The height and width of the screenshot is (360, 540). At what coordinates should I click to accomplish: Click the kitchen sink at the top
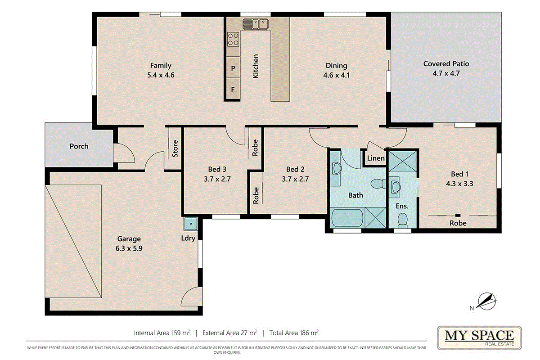(x=255, y=24)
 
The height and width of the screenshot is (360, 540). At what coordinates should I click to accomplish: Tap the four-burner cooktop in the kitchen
(x=233, y=39)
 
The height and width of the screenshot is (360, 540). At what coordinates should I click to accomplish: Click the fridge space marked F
(x=233, y=89)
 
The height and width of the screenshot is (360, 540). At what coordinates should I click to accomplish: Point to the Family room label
(x=161, y=65)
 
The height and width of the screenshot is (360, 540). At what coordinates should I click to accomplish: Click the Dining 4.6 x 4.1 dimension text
(x=336, y=75)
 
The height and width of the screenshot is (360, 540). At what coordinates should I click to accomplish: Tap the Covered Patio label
(x=446, y=63)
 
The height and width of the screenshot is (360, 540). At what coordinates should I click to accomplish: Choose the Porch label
(x=79, y=146)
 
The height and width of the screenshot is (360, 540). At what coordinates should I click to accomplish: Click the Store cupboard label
(x=175, y=149)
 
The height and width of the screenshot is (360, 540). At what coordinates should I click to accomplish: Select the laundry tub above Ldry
(x=191, y=224)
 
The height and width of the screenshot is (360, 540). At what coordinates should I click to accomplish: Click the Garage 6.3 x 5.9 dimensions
(x=129, y=248)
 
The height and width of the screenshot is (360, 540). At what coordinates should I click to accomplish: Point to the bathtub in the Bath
(x=347, y=218)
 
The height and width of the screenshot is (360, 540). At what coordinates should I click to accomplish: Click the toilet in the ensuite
(x=402, y=220)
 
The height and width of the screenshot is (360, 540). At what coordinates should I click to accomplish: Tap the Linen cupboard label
(x=376, y=158)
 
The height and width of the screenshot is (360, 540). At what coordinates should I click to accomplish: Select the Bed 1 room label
(x=460, y=174)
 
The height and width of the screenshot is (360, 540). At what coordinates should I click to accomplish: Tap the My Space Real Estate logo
(x=479, y=337)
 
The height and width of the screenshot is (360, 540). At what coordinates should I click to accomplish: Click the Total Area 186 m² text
(x=294, y=333)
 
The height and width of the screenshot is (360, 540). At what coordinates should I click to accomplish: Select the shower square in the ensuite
(x=403, y=161)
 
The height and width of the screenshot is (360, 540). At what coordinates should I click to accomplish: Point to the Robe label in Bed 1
(x=458, y=223)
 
